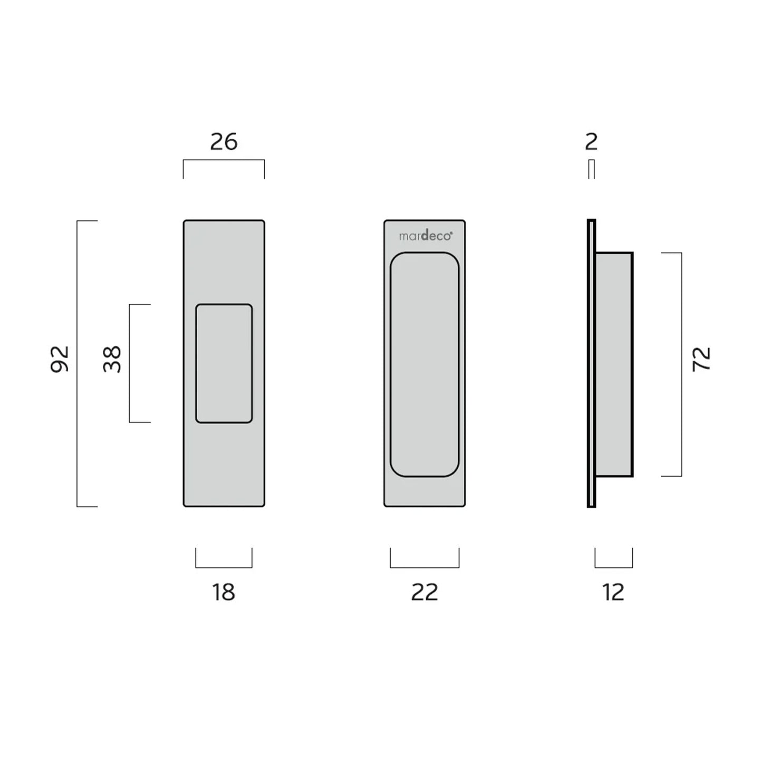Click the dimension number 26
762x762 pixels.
click(224, 142)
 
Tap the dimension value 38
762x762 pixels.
click(112, 359)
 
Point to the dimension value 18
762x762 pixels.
click(224, 592)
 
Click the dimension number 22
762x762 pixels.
click(425, 592)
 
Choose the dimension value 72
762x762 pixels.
click(702, 359)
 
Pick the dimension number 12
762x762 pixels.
click(613, 592)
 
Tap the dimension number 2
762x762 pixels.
click(591, 142)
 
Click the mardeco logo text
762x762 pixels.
click(425, 236)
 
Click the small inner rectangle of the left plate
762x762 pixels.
click(224, 363)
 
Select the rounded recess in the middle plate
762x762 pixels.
click(425, 364)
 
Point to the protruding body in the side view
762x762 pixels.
click(614, 364)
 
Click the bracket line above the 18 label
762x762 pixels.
click(224, 567)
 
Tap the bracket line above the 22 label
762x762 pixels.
click(425, 567)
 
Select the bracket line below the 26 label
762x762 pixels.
click(224, 160)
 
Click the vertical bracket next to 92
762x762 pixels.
click(78, 363)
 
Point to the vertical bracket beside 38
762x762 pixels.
click(130, 363)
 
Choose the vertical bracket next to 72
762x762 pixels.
click(681, 364)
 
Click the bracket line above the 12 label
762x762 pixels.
click(613, 567)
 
